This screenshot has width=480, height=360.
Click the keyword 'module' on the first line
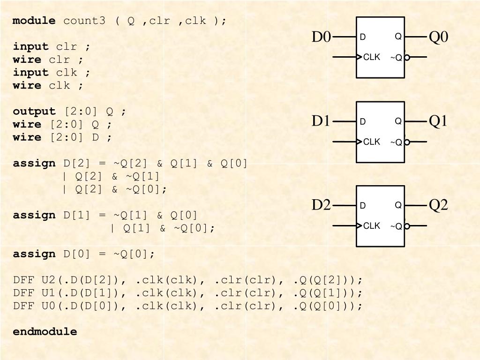click(x=34, y=21)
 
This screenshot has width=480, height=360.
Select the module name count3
click(x=84, y=21)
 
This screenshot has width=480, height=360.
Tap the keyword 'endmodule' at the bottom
click(x=45, y=331)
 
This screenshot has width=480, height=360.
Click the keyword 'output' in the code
click(x=34, y=112)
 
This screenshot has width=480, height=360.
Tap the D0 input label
click(x=322, y=37)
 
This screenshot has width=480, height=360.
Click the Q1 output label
click(x=438, y=121)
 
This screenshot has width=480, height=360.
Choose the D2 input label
click(x=322, y=205)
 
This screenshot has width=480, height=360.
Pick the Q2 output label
click(x=438, y=205)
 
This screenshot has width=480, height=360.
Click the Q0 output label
click(x=438, y=37)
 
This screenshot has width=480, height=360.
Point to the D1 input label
click(x=322, y=121)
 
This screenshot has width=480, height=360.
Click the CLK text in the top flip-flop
click(x=372, y=57)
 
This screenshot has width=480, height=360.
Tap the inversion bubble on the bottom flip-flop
click(x=407, y=226)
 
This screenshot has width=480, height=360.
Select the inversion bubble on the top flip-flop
click(x=407, y=57)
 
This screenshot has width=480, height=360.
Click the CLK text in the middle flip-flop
click(x=372, y=142)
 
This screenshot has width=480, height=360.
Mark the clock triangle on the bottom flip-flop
click(x=360, y=225)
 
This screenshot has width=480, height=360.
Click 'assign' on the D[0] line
click(x=34, y=254)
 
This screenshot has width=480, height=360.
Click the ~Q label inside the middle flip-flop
click(x=396, y=142)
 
